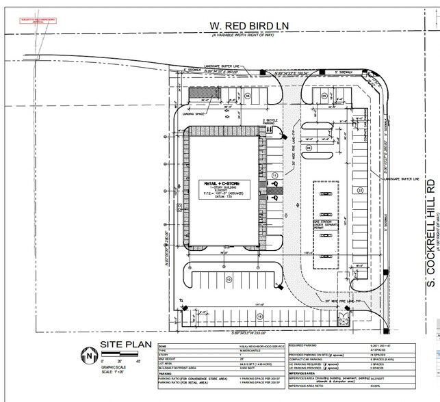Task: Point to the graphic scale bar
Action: coord(120,353)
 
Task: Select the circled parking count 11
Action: coord(274,176)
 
